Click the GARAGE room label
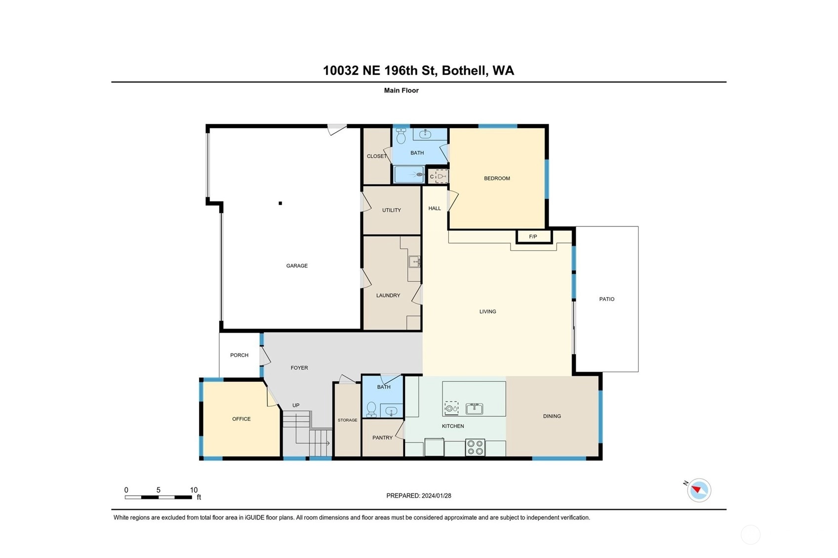point(297,266)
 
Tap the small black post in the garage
point(280,203)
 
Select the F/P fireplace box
point(534,237)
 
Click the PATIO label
point(607,299)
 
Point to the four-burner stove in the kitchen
point(475,447)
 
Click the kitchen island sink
point(475,409)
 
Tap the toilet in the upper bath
point(401,136)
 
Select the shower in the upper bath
point(409,175)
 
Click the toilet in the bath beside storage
point(371,409)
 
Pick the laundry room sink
point(414,261)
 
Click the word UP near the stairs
point(296,405)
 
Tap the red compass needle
point(696,489)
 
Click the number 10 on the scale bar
point(194,490)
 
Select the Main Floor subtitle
point(401,90)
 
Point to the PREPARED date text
point(419,496)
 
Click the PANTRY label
point(382,438)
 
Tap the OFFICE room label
point(241,419)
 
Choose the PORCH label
point(239,355)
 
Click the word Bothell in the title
point(465,71)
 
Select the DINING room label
point(552,416)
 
